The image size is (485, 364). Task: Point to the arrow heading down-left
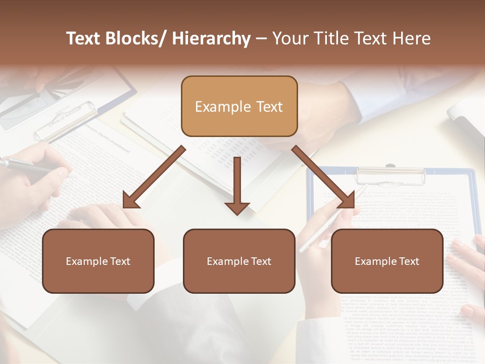pyautogui.click(x=154, y=177)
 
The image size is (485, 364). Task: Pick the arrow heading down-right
pyautogui.click(x=323, y=177)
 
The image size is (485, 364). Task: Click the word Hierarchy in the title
pyautogui.click(x=211, y=38)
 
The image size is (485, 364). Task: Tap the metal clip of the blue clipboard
pyautogui.click(x=390, y=175)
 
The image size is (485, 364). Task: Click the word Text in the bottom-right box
pyautogui.click(x=408, y=261)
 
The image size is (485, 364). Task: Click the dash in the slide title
pyautogui.click(x=261, y=39)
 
